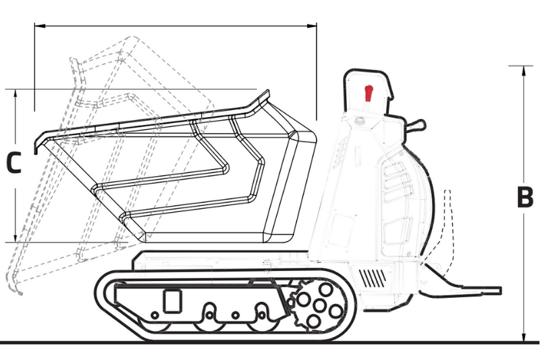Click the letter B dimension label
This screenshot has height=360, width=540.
(525, 197)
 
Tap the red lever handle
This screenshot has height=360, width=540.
(369, 93)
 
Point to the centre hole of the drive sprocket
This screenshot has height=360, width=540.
(320, 305)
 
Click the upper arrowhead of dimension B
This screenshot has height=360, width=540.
(524, 70)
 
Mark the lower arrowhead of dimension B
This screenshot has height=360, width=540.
(524, 338)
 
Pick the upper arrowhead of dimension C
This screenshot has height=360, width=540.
(15, 94)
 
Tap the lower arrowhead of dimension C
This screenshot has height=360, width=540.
(15, 238)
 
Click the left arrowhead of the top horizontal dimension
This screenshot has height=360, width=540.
(40, 26)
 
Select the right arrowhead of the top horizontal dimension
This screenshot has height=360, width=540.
(312, 26)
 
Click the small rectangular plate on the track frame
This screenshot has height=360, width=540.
(172, 301)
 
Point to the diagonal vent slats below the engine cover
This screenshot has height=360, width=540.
(373, 278)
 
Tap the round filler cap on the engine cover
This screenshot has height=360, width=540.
(360, 121)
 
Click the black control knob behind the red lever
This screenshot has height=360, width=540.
(415, 125)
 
